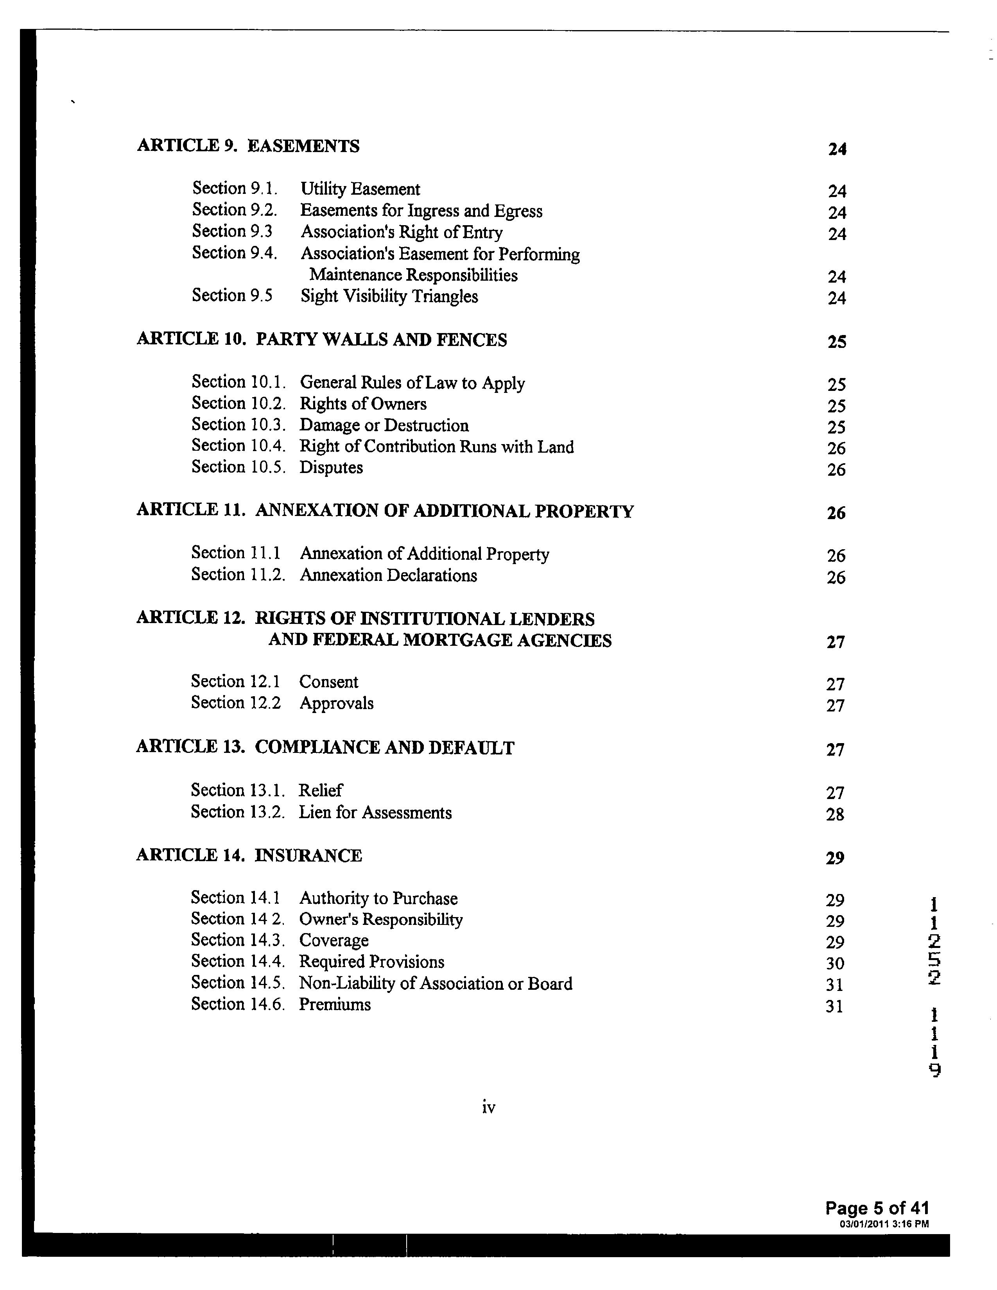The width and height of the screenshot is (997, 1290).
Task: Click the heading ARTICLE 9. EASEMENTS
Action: click(x=248, y=146)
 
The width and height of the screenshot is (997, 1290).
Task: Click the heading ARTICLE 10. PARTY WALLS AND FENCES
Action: click(x=322, y=340)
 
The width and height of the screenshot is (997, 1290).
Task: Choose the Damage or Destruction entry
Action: click(x=384, y=425)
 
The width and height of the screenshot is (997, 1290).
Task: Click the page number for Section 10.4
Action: click(x=836, y=448)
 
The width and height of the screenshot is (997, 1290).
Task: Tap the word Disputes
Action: click(x=331, y=468)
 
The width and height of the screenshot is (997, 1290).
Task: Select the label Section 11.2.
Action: click(x=237, y=575)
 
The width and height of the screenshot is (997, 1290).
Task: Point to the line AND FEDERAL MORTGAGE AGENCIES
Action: click(x=440, y=640)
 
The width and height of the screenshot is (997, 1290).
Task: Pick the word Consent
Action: click(x=328, y=682)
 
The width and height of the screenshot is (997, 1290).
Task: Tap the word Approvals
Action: click(x=336, y=704)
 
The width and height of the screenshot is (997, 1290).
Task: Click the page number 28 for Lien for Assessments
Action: click(x=835, y=815)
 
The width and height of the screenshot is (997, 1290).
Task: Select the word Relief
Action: click(x=320, y=791)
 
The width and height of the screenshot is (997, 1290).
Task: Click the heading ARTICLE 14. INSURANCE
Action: click(x=249, y=856)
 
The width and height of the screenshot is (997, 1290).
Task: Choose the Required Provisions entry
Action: click(x=371, y=962)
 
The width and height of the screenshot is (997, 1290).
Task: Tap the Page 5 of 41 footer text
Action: click(x=877, y=1208)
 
